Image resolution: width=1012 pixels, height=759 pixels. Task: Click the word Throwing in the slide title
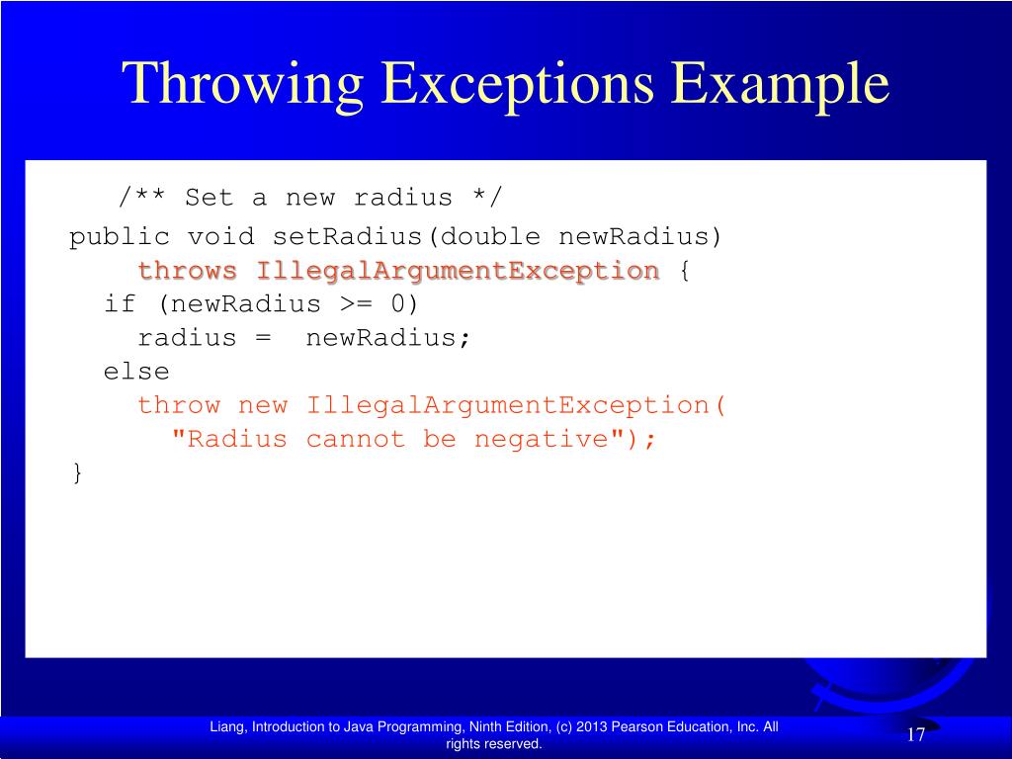243,83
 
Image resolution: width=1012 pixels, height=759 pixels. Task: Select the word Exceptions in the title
520,83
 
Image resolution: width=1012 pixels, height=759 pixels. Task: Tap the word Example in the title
784,83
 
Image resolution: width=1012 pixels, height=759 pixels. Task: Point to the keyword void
221,237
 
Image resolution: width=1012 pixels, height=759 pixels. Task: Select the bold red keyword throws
188,271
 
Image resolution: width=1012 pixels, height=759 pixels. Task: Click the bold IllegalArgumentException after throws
458,271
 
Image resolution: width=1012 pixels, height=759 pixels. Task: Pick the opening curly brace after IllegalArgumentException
684,271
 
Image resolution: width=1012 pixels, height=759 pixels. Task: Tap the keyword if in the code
120,304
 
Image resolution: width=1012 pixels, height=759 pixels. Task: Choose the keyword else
136,372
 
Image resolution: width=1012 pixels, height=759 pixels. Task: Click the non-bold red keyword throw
179,405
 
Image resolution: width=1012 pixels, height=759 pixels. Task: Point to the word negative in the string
542,439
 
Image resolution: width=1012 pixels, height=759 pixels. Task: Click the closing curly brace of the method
77,472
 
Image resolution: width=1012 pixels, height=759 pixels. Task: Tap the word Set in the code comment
209,198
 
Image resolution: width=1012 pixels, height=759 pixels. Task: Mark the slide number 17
915,735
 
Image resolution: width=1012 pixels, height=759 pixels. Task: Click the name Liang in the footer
227,727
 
